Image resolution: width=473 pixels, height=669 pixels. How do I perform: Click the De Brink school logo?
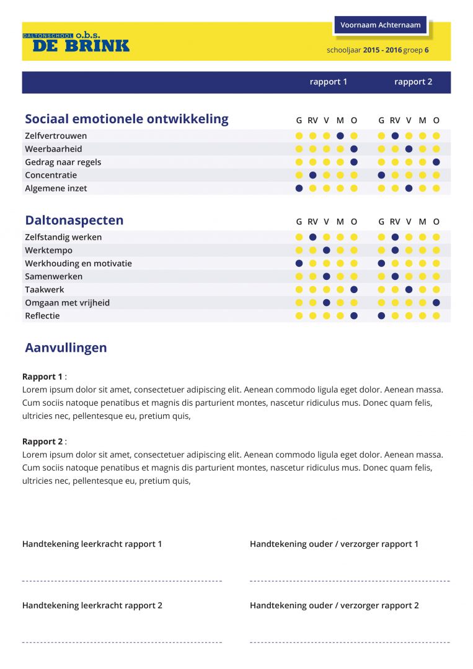pos(76,42)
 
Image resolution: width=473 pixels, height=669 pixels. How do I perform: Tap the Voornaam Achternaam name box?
pos(380,25)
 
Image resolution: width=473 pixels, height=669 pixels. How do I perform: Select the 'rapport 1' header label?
pos(329,82)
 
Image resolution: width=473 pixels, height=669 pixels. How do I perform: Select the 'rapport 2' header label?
pos(413,82)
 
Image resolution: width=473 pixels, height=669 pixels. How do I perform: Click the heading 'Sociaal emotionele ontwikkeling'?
pos(126,119)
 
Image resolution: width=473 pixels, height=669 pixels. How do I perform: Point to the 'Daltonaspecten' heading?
pos(74,220)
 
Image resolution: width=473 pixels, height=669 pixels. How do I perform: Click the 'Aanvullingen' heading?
pos(66,348)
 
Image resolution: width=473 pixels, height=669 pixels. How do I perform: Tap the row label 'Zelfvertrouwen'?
pos(56,136)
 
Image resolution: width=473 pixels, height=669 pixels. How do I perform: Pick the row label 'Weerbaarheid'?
pos(53,149)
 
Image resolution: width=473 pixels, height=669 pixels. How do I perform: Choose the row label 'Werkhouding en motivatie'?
pos(78,263)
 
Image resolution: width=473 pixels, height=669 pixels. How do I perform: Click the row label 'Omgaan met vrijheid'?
pos(67,302)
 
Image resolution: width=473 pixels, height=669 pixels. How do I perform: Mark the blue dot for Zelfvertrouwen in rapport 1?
pos(340,136)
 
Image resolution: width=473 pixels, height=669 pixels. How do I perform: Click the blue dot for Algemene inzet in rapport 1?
pos(299,188)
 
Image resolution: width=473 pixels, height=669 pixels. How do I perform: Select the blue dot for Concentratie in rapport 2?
pos(381,175)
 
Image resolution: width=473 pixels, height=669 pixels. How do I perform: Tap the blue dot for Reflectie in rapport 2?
pos(381,316)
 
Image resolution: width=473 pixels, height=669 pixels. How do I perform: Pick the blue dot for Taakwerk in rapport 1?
pos(354,289)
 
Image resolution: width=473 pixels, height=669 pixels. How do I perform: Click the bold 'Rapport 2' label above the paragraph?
pos(42,442)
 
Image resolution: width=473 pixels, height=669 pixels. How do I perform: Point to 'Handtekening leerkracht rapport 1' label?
pos(92,544)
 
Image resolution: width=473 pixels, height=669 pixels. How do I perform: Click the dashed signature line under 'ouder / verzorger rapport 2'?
pos(350,642)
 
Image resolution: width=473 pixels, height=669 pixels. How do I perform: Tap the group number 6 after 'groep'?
pos(427,50)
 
